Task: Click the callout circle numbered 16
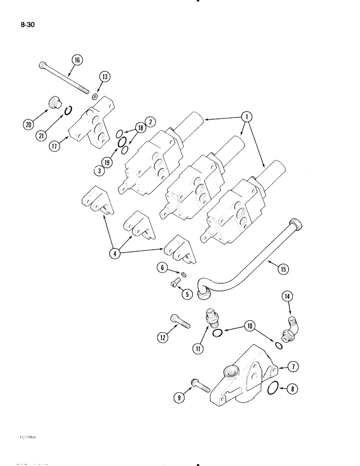(x=76, y=59)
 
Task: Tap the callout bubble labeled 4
(x=114, y=254)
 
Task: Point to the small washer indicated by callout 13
(x=95, y=96)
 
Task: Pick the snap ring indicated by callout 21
(x=68, y=110)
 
